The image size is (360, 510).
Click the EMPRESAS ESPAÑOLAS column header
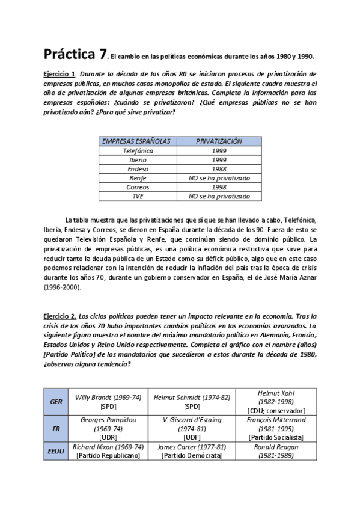[x=136, y=141]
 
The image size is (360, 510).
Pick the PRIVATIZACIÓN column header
[x=219, y=141]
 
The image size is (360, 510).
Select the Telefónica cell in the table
[x=138, y=151]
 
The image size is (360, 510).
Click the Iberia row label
[x=138, y=160]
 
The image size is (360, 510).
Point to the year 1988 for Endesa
[x=219, y=169]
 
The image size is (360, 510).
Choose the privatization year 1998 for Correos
[x=219, y=187]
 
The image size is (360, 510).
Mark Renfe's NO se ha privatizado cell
[x=219, y=178]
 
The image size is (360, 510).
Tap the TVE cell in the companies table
[x=138, y=196]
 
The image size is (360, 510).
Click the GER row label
[x=56, y=401]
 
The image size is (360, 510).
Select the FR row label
[x=56, y=429]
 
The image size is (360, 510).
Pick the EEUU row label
[x=56, y=451]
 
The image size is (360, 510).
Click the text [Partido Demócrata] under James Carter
[x=191, y=456]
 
